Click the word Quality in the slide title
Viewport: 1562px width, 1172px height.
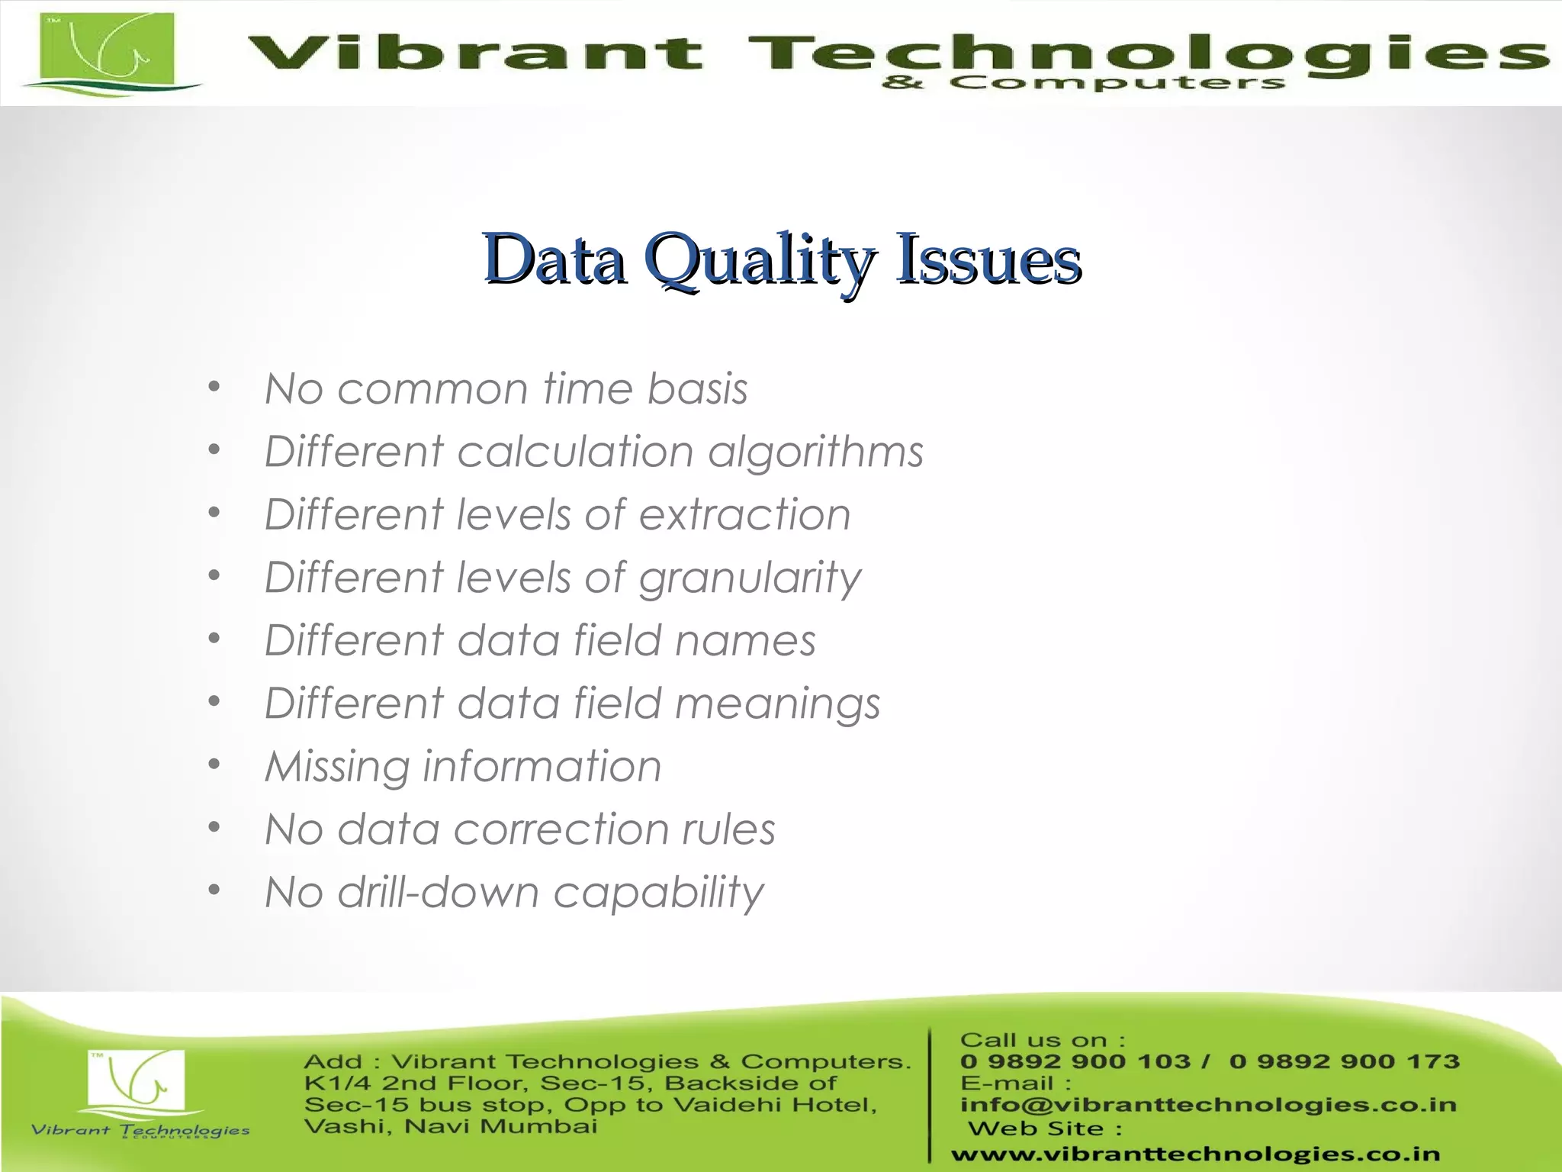click(760, 260)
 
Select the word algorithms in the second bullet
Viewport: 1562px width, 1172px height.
click(815, 452)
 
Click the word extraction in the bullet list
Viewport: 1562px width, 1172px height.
click(744, 514)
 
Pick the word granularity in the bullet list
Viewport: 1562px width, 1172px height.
click(750, 578)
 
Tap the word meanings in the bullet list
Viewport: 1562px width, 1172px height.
click(777, 704)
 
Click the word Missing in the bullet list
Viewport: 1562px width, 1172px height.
click(336, 767)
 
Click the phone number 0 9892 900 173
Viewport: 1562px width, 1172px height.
click(1344, 1061)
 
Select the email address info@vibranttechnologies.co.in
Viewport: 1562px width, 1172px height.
click(1208, 1105)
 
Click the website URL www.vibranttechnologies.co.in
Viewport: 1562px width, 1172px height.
click(1195, 1154)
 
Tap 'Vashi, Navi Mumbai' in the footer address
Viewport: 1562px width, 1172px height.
click(450, 1126)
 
